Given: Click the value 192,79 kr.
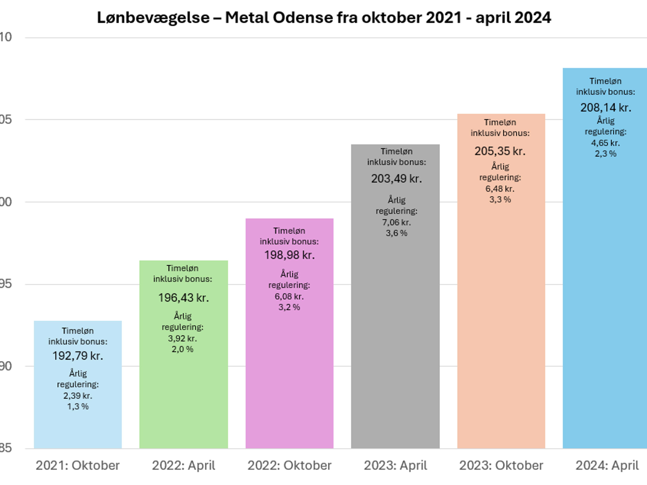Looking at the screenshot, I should point(78,356).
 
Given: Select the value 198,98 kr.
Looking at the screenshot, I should point(289,255).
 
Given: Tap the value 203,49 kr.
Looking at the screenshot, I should point(396,179).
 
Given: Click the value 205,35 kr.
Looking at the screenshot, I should point(500,151).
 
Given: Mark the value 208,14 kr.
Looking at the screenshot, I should point(605,108).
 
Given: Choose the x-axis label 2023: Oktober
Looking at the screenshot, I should point(501,465).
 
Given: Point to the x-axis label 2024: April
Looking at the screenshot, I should point(607,465).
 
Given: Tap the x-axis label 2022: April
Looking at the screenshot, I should point(183,465).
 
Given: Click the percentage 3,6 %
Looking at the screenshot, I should point(396,233).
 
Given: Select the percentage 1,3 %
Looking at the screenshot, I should point(78,406).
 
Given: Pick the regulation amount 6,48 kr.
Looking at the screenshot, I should point(500,189).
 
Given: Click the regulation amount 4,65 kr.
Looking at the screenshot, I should point(605,143).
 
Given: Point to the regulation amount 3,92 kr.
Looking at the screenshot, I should point(182,338).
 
